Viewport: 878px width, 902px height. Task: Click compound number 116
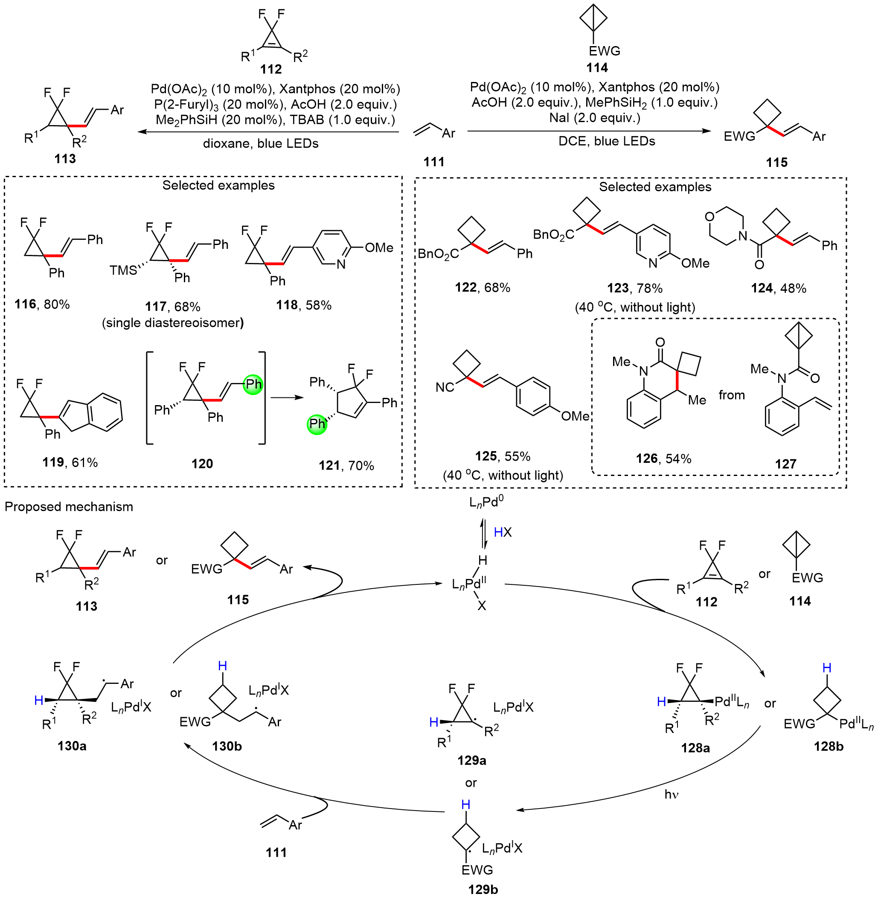point(25,304)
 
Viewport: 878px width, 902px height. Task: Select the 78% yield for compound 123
point(649,289)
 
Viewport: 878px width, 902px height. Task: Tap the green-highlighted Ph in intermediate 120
point(253,384)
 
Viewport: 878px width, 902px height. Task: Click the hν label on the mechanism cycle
point(672,794)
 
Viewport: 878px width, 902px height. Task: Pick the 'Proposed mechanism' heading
point(69,507)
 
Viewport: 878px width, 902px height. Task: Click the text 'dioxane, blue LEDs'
point(261,143)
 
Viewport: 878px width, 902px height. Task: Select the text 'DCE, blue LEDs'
point(606,141)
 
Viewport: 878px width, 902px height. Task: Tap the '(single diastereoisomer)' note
point(173,322)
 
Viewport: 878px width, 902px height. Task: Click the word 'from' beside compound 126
point(731,395)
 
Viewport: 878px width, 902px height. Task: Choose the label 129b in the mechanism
point(483,889)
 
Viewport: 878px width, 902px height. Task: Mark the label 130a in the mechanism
point(72,746)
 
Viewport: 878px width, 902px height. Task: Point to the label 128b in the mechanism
point(828,747)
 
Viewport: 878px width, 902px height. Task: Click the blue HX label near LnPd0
point(503,532)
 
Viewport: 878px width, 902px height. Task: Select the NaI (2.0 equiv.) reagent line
point(594,118)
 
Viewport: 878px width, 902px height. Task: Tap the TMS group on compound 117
point(123,270)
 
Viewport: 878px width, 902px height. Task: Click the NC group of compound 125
point(445,387)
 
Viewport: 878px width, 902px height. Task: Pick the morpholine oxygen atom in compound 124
point(709,216)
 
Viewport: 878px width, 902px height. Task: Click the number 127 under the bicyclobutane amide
point(785,464)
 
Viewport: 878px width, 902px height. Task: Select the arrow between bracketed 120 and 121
point(287,398)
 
